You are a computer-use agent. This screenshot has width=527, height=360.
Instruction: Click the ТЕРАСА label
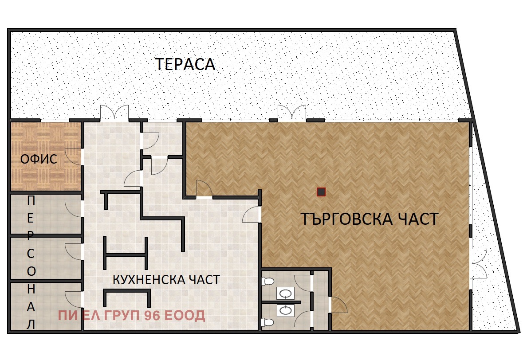pyautogui.click(x=185, y=65)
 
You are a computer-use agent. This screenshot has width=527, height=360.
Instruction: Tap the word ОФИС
pyautogui.click(x=39, y=159)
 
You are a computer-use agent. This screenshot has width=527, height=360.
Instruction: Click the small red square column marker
pyautogui.click(x=321, y=192)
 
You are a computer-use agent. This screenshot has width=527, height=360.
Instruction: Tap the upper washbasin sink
pyautogui.click(x=285, y=293)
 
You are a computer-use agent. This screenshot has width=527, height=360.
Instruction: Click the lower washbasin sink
pyautogui.click(x=285, y=310)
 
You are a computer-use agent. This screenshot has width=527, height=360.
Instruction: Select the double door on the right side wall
pyautogui.click(x=478, y=262)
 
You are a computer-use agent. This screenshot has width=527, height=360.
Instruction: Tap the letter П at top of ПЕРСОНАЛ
pyautogui.click(x=31, y=200)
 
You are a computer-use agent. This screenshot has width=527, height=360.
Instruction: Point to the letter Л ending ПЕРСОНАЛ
pyautogui.click(x=31, y=325)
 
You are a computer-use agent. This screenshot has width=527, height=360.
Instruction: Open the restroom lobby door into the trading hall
pyautogui.click(x=338, y=305)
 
